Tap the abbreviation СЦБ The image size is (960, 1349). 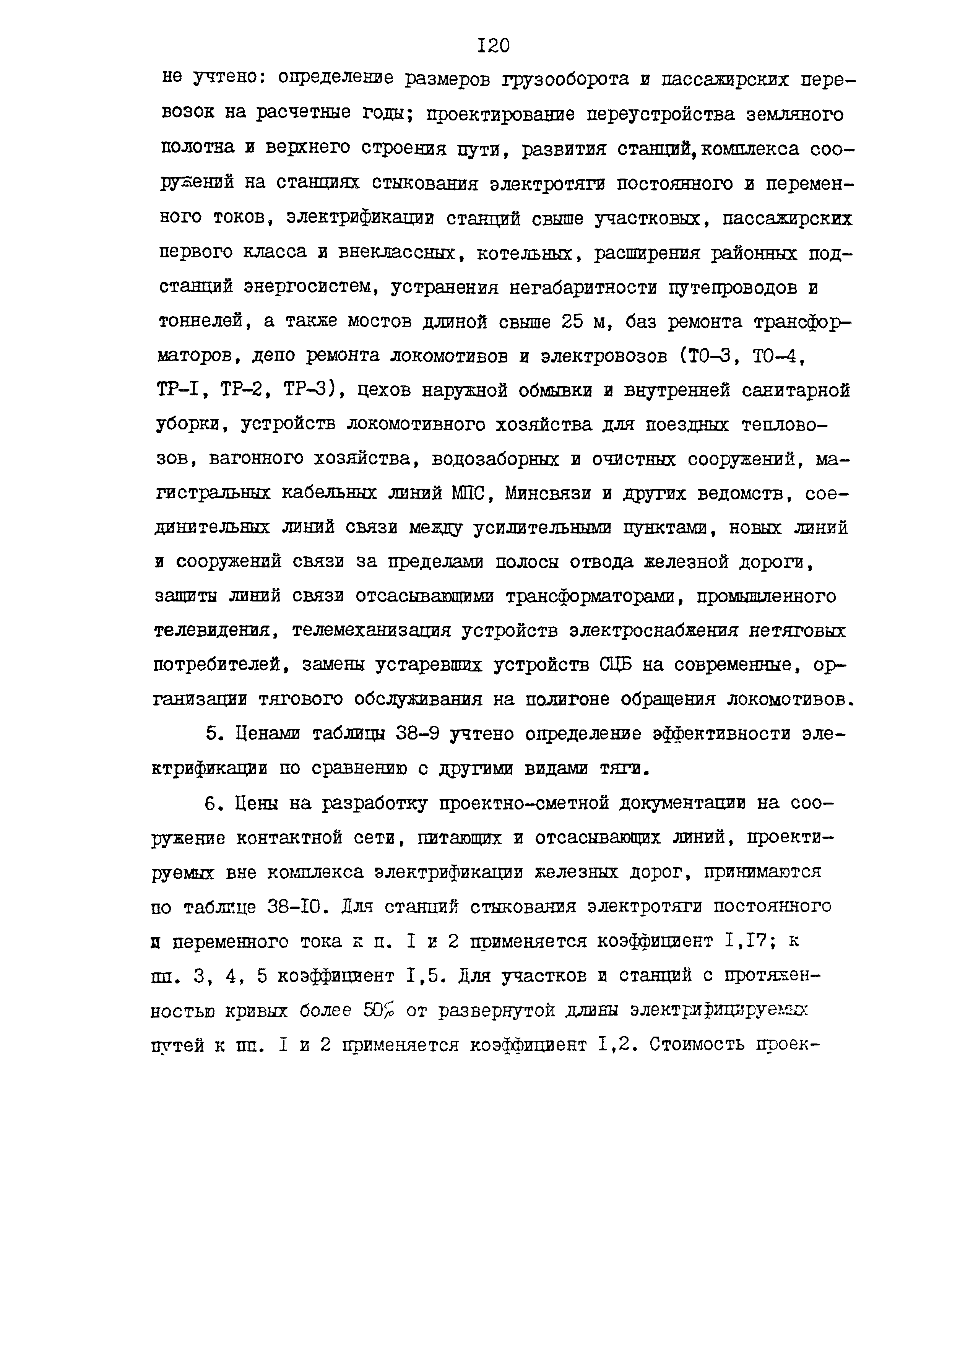[615, 665]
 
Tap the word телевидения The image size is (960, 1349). [212, 631]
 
